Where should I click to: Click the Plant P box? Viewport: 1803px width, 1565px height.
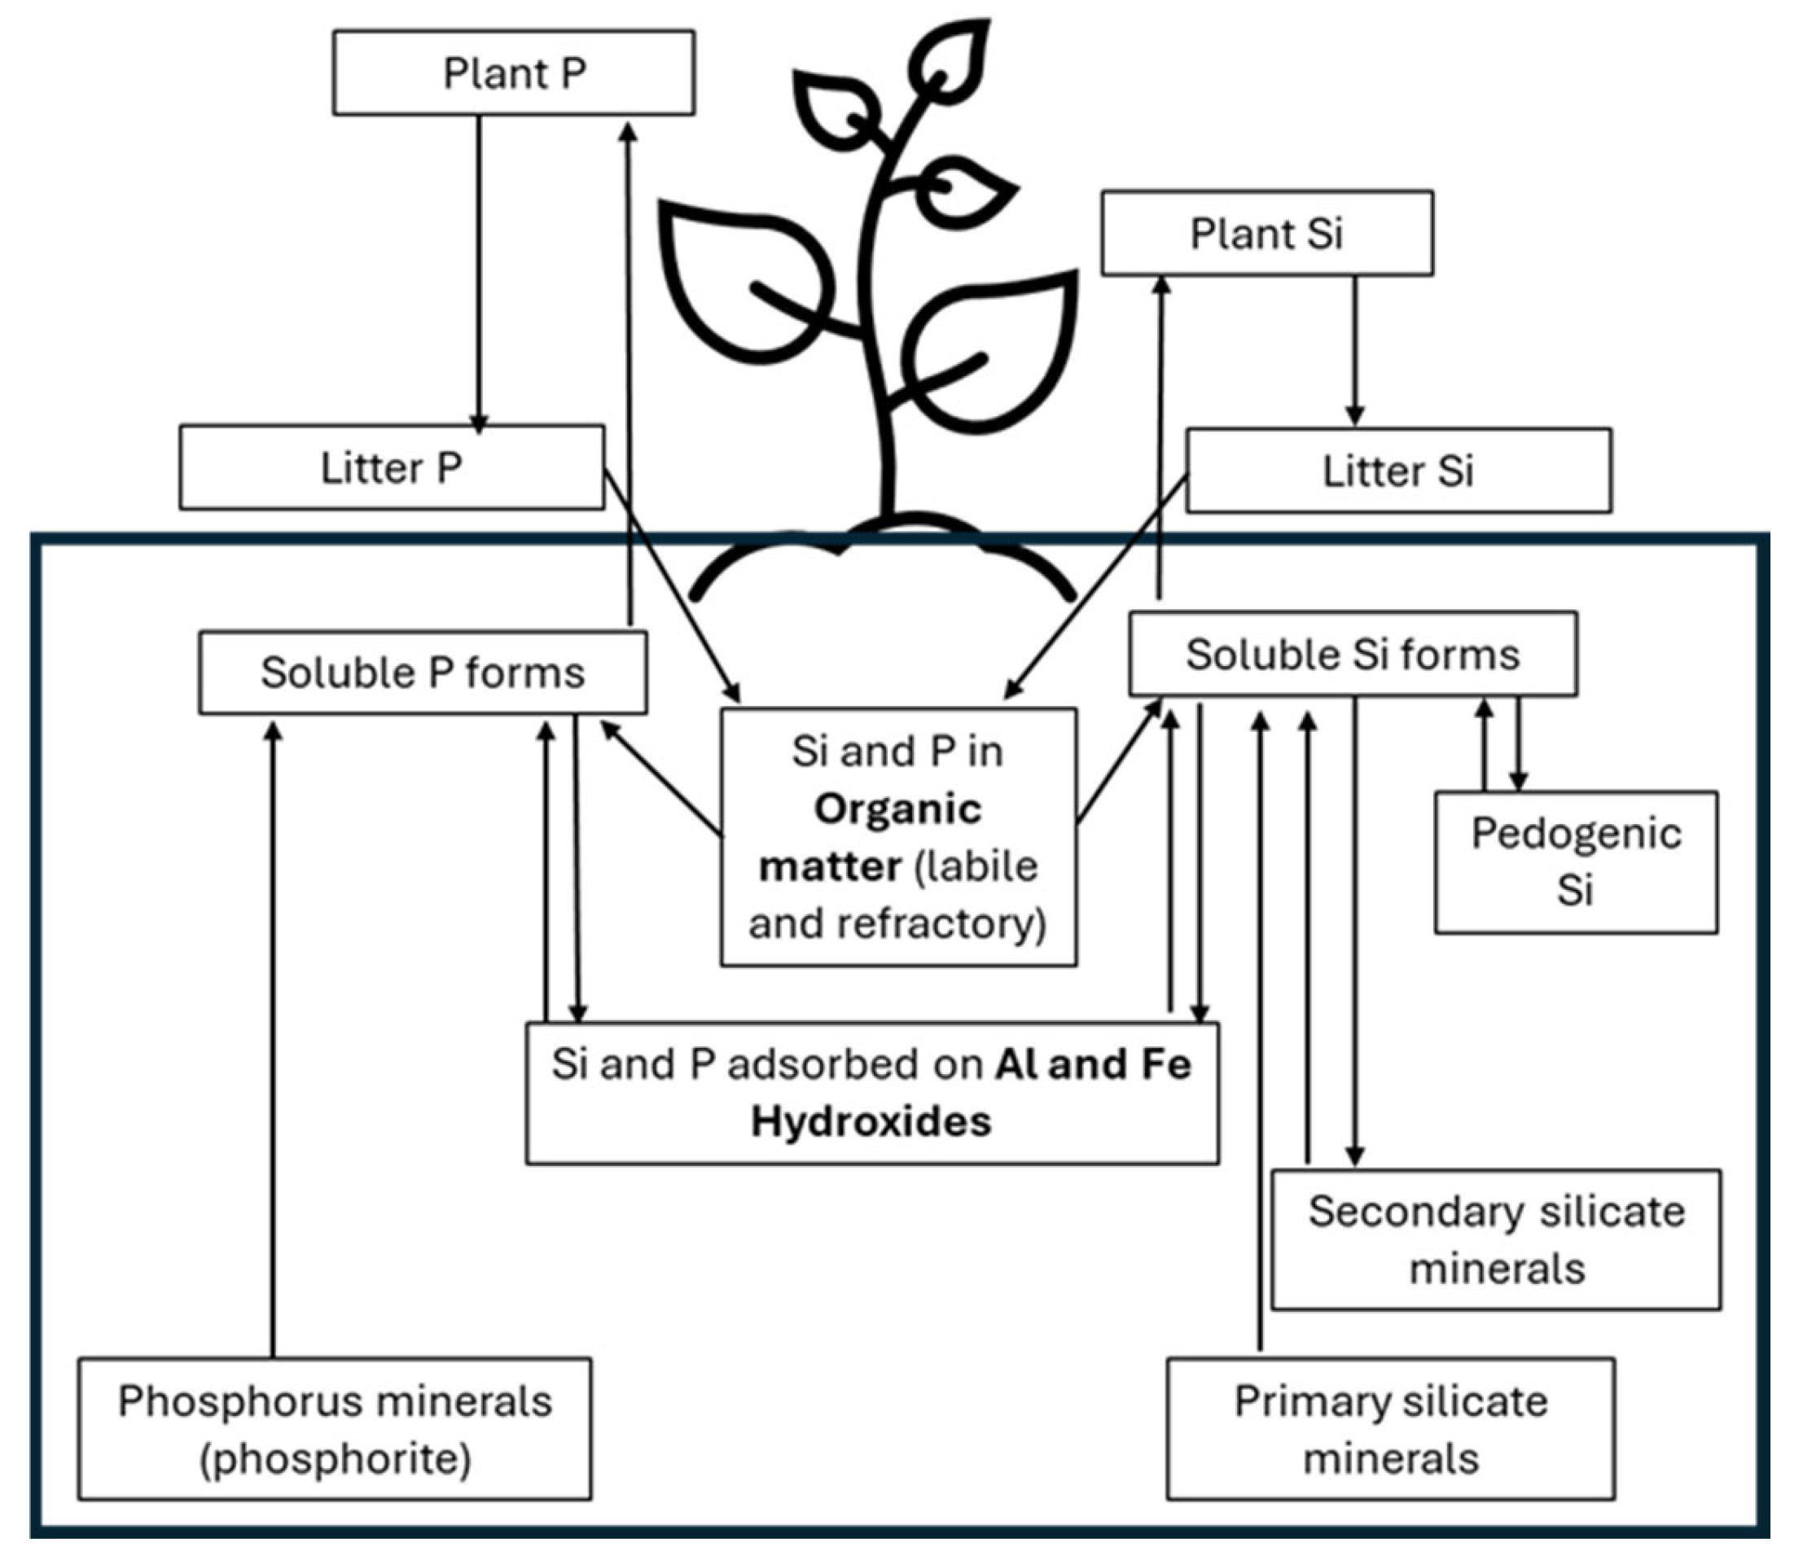pyautogui.click(x=514, y=72)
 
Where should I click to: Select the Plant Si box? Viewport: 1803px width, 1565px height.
pyautogui.click(x=1266, y=233)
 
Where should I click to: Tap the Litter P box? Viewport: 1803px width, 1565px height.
pyautogui.click(x=392, y=467)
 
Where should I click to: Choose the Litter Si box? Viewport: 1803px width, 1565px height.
pyautogui.click(x=1397, y=471)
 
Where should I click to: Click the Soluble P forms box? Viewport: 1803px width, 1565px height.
pyautogui.click(x=423, y=673)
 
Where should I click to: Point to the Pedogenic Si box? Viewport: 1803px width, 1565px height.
pyautogui.click(x=1576, y=862)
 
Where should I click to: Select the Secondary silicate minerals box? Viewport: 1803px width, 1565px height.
pyautogui.click(x=1495, y=1239)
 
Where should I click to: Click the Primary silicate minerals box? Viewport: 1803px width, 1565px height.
pyautogui.click(x=1391, y=1429)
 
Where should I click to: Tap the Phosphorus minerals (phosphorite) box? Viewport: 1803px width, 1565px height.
pyautogui.click(x=335, y=1429)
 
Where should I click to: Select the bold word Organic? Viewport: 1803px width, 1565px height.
pyautogui.click(x=898, y=809)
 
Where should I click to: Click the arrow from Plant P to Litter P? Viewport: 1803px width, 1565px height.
pyautogui.click(x=479, y=274)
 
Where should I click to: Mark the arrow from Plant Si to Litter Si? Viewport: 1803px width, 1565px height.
pyautogui.click(x=1355, y=351)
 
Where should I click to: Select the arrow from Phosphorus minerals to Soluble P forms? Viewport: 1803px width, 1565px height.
pyautogui.click(x=274, y=1038)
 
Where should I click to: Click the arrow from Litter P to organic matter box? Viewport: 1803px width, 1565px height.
pyautogui.click(x=673, y=586)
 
